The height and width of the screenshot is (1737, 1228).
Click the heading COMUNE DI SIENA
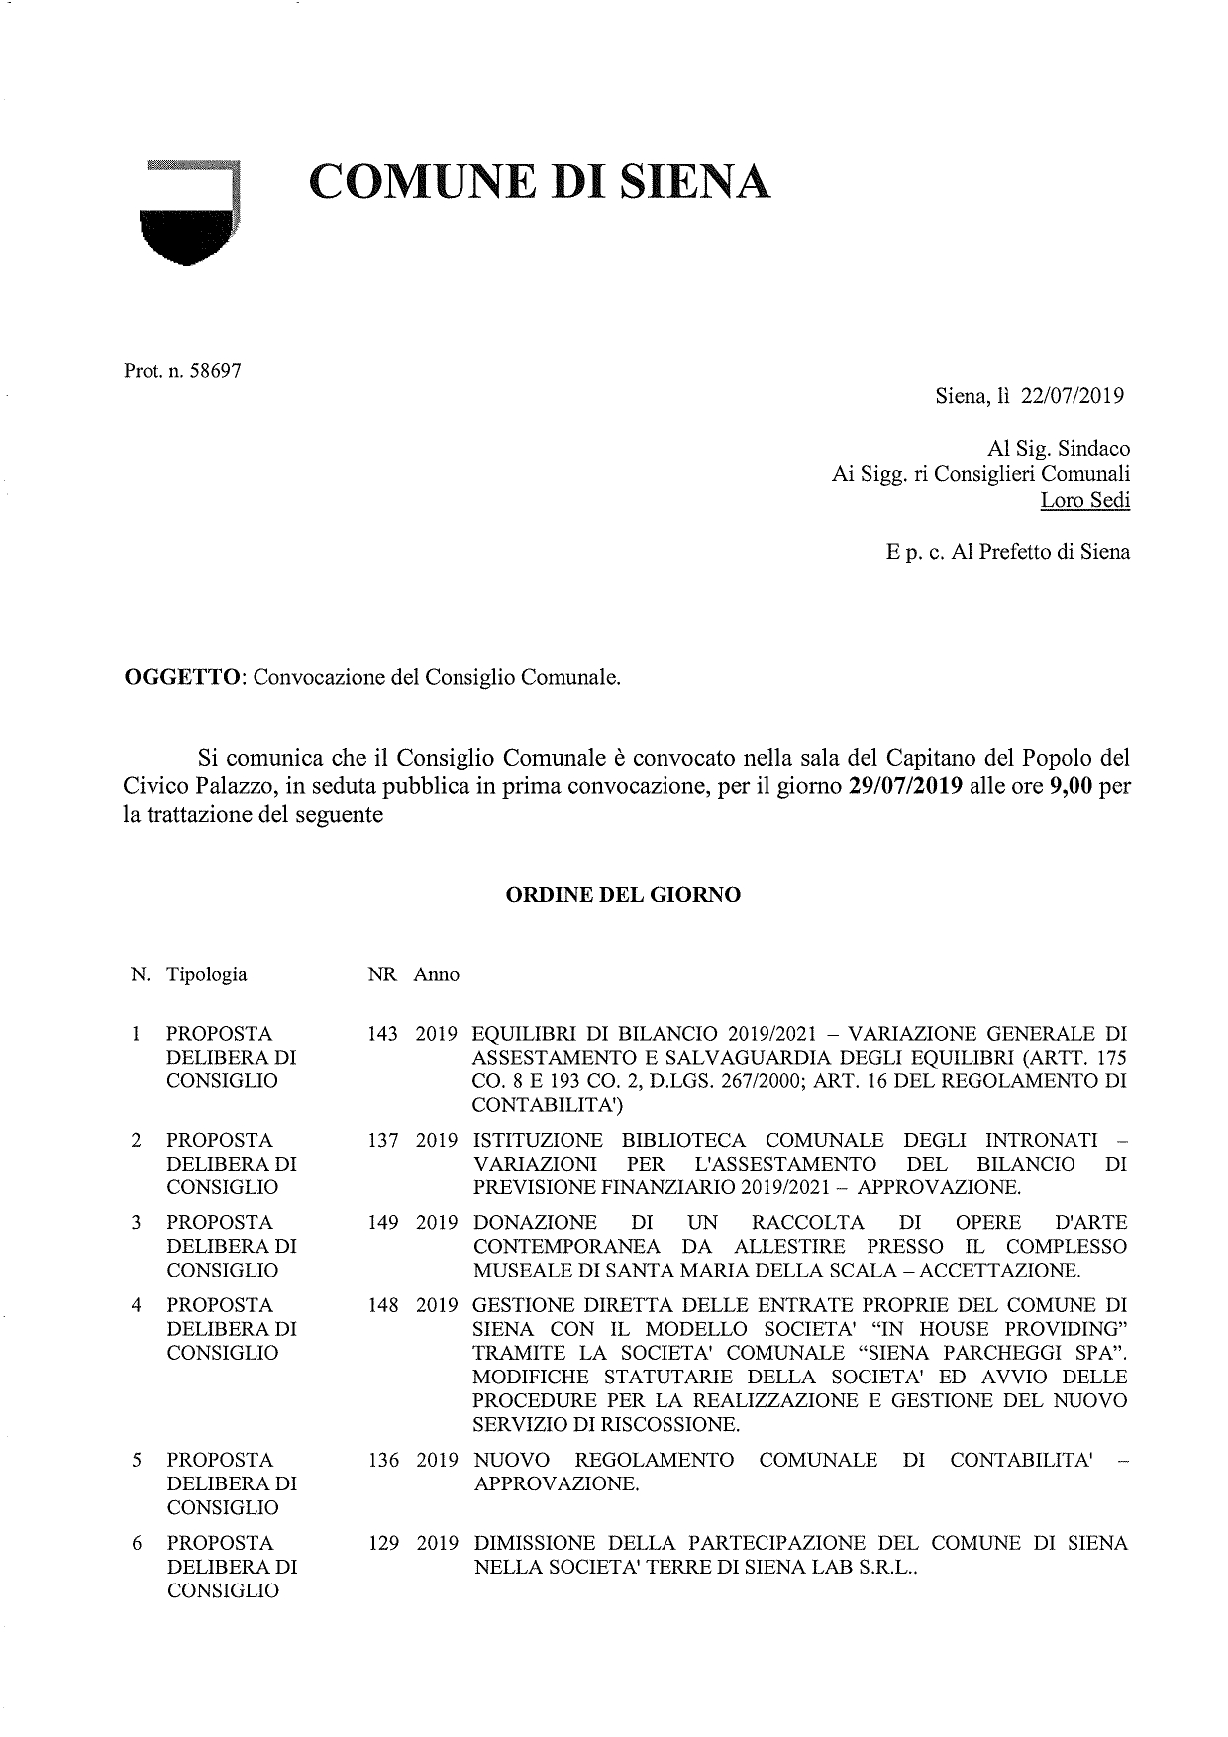point(540,182)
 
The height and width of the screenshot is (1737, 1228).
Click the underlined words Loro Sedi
point(1084,500)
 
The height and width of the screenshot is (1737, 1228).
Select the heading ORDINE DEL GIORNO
point(623,895)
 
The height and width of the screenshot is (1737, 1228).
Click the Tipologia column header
point(207,974)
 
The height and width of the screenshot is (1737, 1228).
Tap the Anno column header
point(437,974)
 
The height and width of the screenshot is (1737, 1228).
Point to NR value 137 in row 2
point(382,1140)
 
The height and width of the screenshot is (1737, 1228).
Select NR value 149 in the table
point(382,1223)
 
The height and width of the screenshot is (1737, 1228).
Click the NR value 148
point(382,1305)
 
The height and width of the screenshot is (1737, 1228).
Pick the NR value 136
point(382,1460)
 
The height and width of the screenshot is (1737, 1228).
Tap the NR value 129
point(382,1543)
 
